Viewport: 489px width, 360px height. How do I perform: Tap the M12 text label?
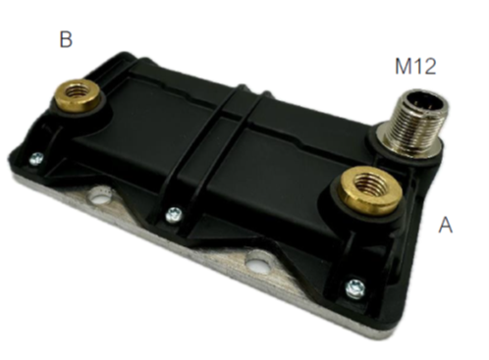point(415,67)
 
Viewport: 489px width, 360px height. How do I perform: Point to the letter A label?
point(446,225)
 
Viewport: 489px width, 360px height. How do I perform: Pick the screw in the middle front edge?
point(175,212)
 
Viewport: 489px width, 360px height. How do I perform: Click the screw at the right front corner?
point(354,287)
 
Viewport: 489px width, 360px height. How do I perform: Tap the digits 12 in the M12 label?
point(425,67)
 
